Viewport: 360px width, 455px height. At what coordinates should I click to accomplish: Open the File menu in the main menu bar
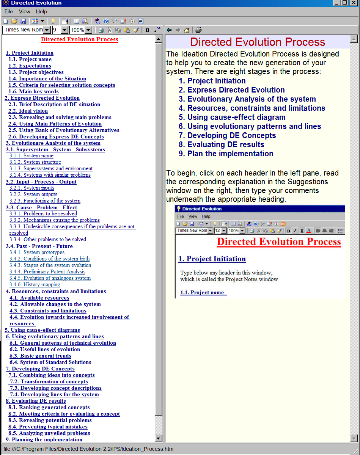coord(8,12)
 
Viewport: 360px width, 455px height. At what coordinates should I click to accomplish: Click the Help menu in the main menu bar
coord(41,12)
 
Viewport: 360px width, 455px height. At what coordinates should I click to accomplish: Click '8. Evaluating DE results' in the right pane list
coord(226,144)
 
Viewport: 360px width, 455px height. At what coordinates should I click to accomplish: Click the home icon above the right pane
coord(187,30)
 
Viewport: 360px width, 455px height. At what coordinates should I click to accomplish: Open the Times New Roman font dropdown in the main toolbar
coord(47,30)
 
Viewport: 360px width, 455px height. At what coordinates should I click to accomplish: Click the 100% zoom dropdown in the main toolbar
coord(88,30)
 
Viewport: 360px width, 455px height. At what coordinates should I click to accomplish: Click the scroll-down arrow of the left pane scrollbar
coord(159,439)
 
